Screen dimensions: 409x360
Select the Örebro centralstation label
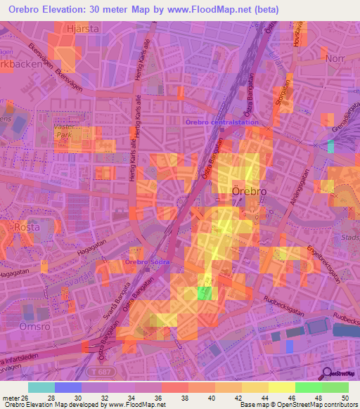(221, 122)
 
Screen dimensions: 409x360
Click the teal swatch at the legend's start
(41, 387)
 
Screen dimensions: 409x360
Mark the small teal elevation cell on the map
(331, 146)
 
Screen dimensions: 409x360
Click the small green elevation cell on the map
(205, 293)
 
